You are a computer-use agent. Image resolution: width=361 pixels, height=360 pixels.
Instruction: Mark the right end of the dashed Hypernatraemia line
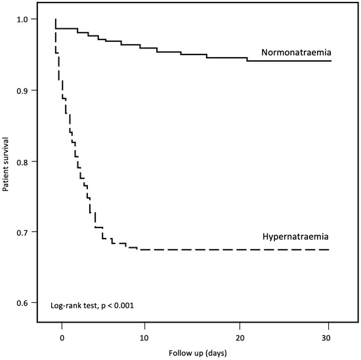329,249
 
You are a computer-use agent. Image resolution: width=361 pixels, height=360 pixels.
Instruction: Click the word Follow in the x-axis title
179,353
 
